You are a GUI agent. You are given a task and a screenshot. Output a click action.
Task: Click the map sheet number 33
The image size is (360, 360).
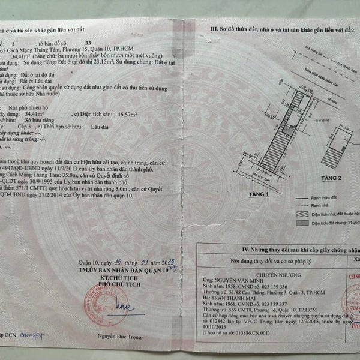coord(89,43)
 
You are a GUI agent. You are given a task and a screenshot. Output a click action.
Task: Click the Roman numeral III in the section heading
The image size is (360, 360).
coord(213,28)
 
